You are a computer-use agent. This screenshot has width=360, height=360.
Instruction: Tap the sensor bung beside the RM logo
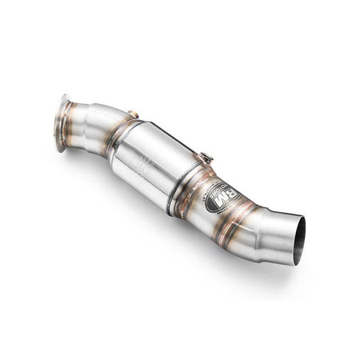pos(206,160)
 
